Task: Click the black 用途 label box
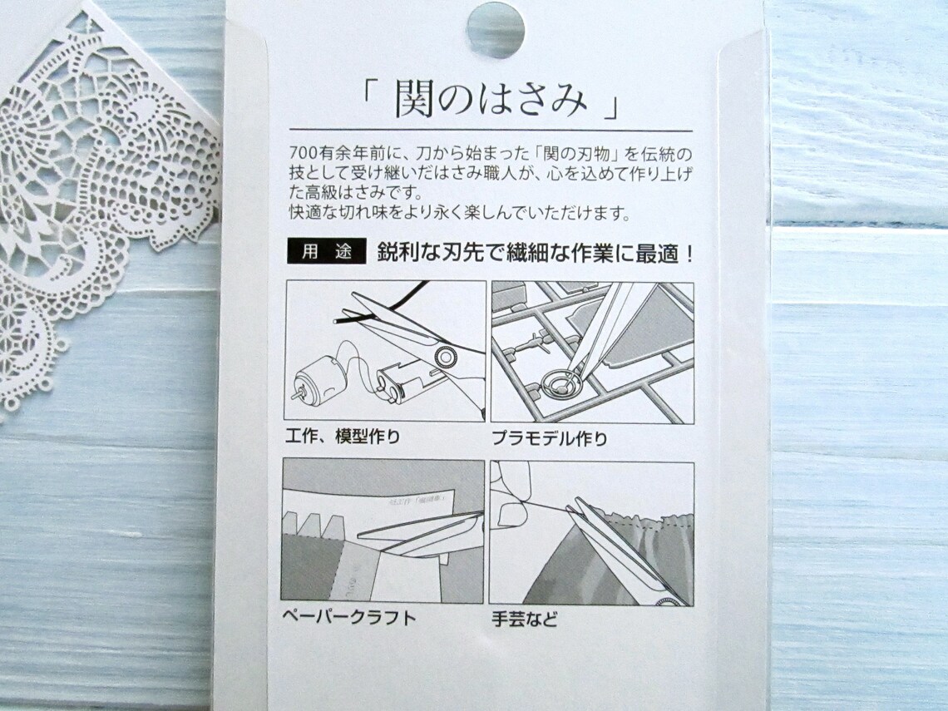point(326,253)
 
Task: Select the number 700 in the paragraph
point(302,155)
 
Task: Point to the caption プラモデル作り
point(549,437)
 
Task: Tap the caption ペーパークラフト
point(348,618)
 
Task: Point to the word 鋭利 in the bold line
point(397,253)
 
